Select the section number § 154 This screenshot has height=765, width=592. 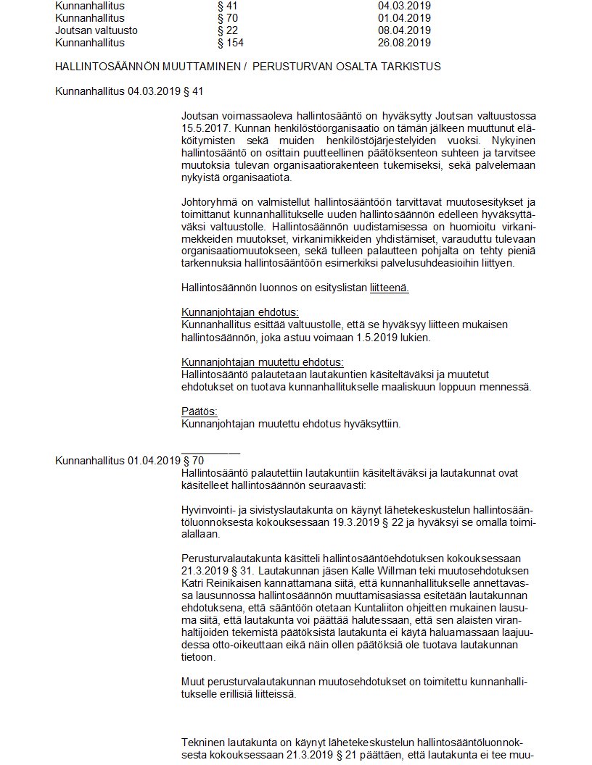click(x=231, y=43)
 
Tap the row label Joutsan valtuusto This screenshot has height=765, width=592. click(x=96, y=30)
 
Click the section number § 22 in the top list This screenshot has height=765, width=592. click(x=228, y=30)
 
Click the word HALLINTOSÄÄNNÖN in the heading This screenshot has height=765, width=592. click(x=101, y=67)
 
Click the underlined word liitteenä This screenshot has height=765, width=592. click(x=389, y=288)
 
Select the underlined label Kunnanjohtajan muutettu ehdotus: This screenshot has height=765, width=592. click(x=263, y=361)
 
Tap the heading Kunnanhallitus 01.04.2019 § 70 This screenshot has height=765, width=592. click(x=129, y=460)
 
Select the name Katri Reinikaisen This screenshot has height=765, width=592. click(x=224, y=582)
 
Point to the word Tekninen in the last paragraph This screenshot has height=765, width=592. click(x=202, y=743)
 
